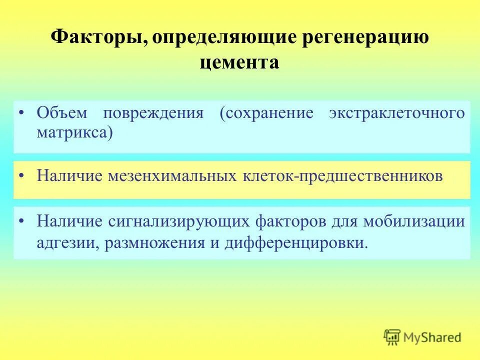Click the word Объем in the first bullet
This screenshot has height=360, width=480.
tap(62, 112)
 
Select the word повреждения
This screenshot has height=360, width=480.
tap(153, 113)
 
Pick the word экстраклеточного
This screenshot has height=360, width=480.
tap(396, 113)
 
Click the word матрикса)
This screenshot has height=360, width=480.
tap(74, 132)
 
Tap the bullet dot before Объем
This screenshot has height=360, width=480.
tap(22, 113)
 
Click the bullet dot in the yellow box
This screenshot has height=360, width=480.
tap(22, 176)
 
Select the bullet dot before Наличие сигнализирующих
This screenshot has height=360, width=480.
tap(22, 221)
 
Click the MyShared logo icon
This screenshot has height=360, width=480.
tap(392, 337)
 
